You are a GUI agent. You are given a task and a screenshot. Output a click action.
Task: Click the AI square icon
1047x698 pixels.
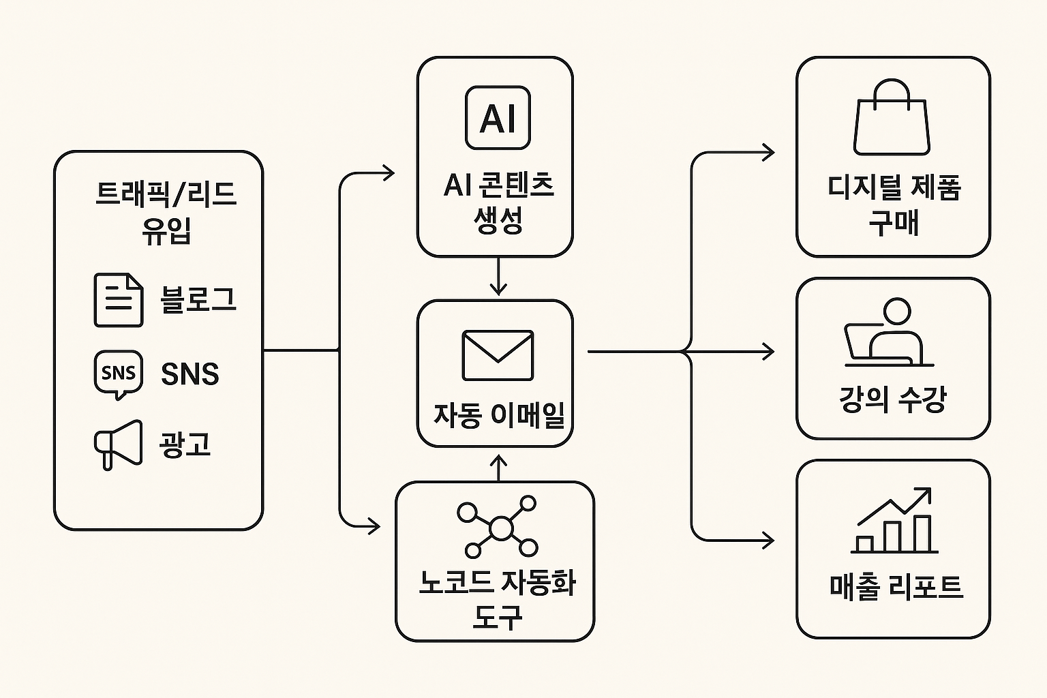click(x=498, y=118)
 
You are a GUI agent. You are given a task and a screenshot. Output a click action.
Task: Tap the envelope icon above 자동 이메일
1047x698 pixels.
click(x=498, y=355)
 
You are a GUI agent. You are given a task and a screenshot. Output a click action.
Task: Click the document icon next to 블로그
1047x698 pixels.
click(x=119, y=300)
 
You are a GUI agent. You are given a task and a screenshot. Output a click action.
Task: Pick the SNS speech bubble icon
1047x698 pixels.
click(x=119, y=374)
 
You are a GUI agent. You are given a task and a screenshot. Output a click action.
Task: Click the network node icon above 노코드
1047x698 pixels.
click(x=498, y=527)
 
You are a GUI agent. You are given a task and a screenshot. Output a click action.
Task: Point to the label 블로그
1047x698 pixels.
click(x=198, y=300)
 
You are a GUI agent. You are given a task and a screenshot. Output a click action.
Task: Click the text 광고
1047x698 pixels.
click(x=185, y=444)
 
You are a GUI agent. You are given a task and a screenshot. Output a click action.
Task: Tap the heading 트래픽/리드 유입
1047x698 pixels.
click(x=166, y=212)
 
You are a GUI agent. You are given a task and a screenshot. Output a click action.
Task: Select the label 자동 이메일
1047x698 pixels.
click(x=499, y=414)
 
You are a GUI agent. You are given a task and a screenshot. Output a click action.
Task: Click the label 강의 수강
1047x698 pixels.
click(x=893, y=398)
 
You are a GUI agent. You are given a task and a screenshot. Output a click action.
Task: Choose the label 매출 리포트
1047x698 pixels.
click(x=896, y=586)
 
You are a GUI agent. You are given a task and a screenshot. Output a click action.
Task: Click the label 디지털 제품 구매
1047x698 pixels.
click(x=894, y=204)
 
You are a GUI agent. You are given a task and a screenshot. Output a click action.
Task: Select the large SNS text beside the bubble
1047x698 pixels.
click(x=190, y=374)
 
